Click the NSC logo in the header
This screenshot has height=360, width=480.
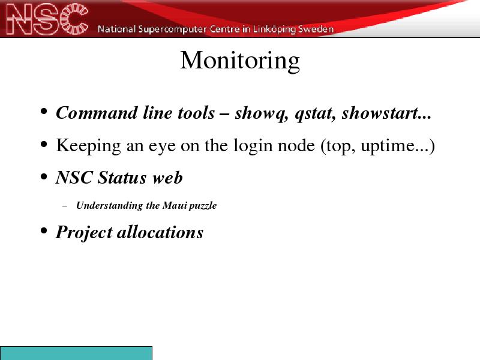(x=47, y=19)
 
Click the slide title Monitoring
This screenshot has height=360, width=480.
(x=240, y=61)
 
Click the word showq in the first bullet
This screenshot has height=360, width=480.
(x=262, y=113)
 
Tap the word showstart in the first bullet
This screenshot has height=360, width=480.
(x=380, y=113)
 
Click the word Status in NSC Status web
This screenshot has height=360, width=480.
(x=122, y=178)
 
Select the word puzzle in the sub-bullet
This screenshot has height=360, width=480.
(x=203, y=206)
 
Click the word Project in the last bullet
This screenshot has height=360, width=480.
(x=84, y=233)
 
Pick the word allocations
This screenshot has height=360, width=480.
(x=160, y=232)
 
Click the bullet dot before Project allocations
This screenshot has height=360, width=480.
(x=44, y=230)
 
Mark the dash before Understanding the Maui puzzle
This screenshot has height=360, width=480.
(x=65, y=206)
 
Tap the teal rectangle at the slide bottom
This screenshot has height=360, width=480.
(x=76, y=353)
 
